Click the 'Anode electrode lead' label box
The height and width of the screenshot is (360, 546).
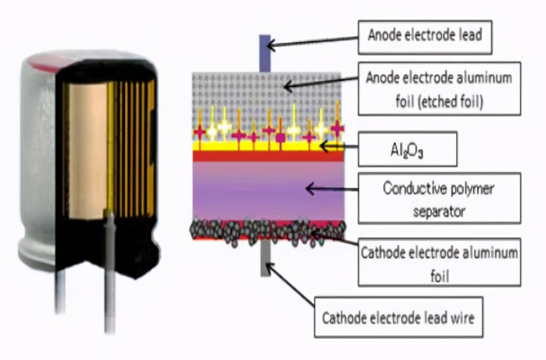coord(425,38)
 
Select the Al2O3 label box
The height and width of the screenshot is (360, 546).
coord(408,149)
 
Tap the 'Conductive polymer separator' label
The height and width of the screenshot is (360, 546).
coord(440,198)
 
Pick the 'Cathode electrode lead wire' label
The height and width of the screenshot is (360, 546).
coord(399,317)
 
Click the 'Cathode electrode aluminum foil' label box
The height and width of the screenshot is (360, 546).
coord(440,262)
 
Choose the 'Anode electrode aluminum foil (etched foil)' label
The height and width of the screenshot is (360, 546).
coord(440,89)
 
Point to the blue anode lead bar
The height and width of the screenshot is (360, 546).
coord(264,53)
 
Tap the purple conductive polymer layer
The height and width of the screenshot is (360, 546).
coord(268,191)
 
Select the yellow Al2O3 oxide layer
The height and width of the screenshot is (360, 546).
coord(268,146)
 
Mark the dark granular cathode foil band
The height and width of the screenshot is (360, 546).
coord(268,232)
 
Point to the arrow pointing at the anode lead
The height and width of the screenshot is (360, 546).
coord(312,41)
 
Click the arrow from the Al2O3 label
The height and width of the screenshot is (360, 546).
coord(339,146)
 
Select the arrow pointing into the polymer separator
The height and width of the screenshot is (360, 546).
coord(332,189)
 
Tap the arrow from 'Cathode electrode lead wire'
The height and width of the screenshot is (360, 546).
coord(289,285)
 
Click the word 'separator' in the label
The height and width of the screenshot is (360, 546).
coord(440,211)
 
